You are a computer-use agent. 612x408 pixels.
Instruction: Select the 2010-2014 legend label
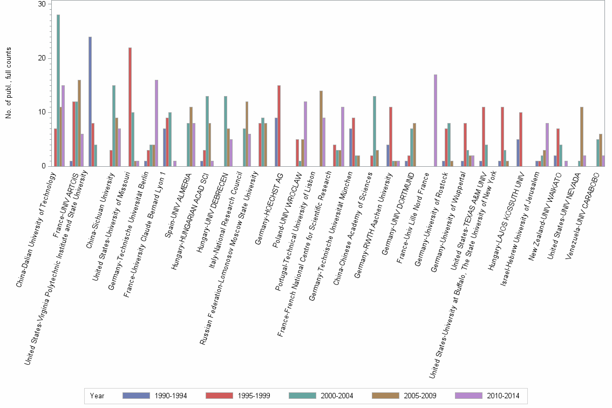coord(503,396)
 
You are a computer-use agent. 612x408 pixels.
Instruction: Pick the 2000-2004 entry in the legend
coord(336,396)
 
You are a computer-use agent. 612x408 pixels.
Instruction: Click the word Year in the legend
coord(98,396)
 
